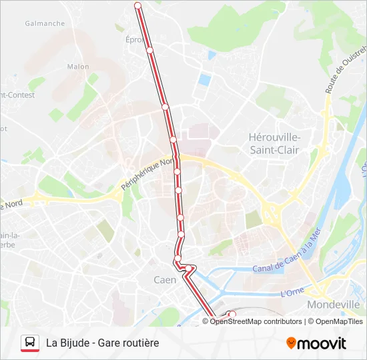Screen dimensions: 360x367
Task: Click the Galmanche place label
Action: click(45, 23)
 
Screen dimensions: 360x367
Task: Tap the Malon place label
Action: click(78, 67)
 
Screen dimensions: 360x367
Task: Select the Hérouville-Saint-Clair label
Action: click(274, 143)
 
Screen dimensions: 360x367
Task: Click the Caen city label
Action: click(165, 280)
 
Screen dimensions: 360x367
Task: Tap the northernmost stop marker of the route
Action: click(138, 5)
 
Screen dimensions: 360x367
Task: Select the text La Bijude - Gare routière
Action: click(103, 343)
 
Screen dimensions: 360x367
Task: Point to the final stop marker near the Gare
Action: click(232, 314)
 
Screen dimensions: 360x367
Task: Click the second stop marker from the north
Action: click(150, 50)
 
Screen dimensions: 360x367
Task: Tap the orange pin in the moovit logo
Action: click(291, 343)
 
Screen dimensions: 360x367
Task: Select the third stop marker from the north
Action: click(165, 107)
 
